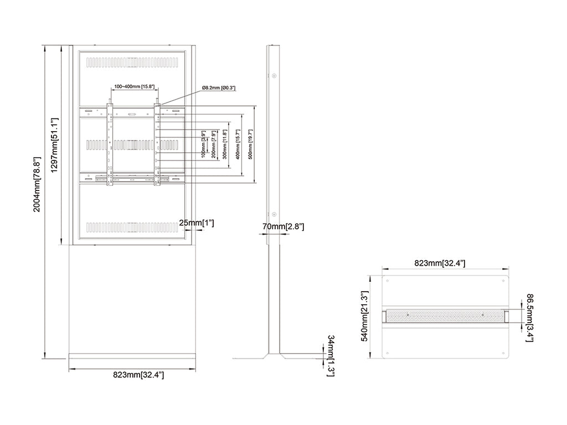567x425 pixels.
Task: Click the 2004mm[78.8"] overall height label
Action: pyautogui.click(x=37, y=184)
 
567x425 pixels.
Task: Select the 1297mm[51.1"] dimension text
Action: pyautogui.click(x=54, y=145)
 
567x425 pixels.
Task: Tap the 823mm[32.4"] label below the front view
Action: pyautogui.click(x=138, y=375)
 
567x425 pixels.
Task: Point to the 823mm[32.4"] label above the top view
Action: pyautogui.click(x=440, y=263)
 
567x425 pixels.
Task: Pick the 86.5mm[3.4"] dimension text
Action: pyautogui.click(x=529, y=318)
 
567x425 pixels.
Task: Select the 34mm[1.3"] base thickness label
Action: pyautogui.click(x=331, y=356)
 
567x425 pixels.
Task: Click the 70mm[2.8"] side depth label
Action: pyautogui.click(x=283, y=226)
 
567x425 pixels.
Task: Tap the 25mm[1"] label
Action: pyautogui.click(x=197, y=223)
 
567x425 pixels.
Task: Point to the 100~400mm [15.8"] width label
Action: pyautogui.click(x=135, y=87)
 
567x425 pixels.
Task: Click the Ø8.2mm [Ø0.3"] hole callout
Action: pyautogui.click(x=219, y=88)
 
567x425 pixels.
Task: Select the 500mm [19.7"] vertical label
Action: pyautogui.click(x=250, y=144)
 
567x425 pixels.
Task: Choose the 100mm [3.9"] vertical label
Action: pyautogui.click(x=204, y=144)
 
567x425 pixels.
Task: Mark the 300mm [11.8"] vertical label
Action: pyautogui.click(x=225, y=144)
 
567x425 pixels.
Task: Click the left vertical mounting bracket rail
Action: pyautogui.click(x=110, y=144)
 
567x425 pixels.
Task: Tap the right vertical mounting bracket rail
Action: pyautogui.click(x=157, y=144)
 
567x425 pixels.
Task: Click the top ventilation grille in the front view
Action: pyautogui.click(x=132, y=63)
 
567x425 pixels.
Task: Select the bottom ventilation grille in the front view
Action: pyautogui.click(x=132, y=227)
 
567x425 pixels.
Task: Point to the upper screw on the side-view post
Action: pyautogui.click(x=274, y=76)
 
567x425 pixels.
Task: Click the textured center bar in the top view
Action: pyautogui.click(x=445, y=315)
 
